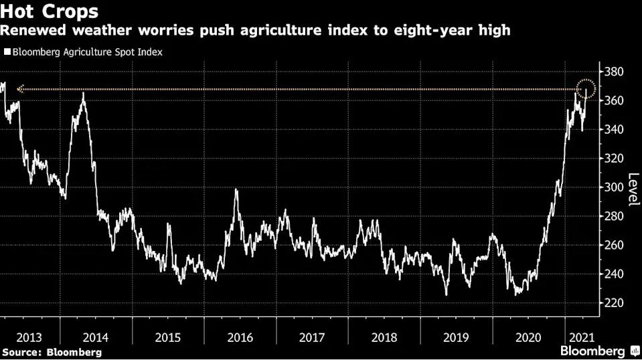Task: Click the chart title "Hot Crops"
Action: pos(49,11)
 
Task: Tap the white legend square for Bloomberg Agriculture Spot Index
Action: pos(7,52)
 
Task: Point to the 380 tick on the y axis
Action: pos(614,72)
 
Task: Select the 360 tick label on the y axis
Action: pos(614,100)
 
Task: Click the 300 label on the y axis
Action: pos(614,187)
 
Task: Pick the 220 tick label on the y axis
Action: pos(614,303)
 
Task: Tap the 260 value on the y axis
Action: pos(614,245)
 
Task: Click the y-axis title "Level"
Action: pos(633,189)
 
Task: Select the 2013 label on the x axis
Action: pos(29,337)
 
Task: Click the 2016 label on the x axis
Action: pos(240,337)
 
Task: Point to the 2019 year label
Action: pos(456,337)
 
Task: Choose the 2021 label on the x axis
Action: pos(582,337)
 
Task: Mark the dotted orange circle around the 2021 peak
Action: pos(586,80)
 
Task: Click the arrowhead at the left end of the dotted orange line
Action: pos(19,89)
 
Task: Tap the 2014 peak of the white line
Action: pos(83,93)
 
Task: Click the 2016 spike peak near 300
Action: pos(236,189)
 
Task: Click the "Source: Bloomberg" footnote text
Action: pos(52,352)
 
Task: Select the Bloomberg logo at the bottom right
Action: pos(600,351)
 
